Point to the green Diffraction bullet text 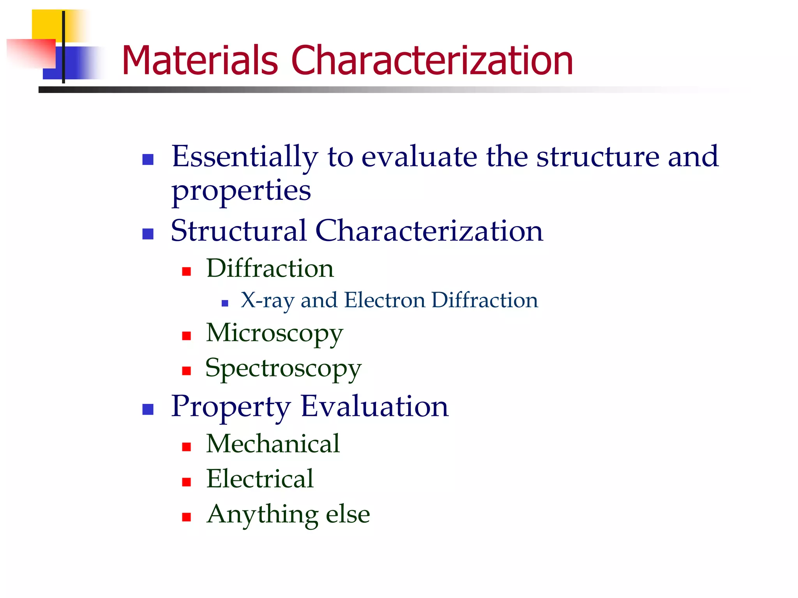(x=270, y=269)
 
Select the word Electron (x=385, y=301)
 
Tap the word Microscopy (x=274, y=334)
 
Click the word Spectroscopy (x=283, y=369)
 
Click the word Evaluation (x=374, y=406)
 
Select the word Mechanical (x=273, y=444)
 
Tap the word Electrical (x=260, y=479)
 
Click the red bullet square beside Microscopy (x=187, y=336)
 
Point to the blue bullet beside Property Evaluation (x=148, y=409)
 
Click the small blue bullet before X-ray (x=224, y=303)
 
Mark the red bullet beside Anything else (x=187, y=517)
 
